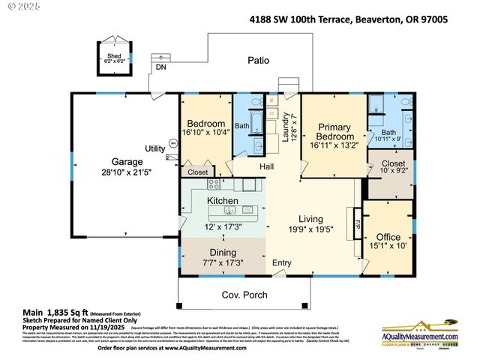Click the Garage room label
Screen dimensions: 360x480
coord(127,161)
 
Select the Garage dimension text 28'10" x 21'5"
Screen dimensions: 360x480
coord(127,172)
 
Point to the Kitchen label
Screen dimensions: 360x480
coord(223,201)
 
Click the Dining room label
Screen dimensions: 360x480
coord(223,252)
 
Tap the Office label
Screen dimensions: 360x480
coord(388,237)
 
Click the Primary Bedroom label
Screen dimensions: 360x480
coord(334,132)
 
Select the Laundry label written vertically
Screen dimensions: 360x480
coord(286,126)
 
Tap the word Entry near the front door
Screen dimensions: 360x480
coord(282,262)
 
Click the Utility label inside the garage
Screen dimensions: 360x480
coord(155,148)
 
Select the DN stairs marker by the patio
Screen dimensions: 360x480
coord(160,67)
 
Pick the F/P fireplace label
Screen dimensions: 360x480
coord(357,224)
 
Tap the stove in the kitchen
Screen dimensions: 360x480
coord(214,184)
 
